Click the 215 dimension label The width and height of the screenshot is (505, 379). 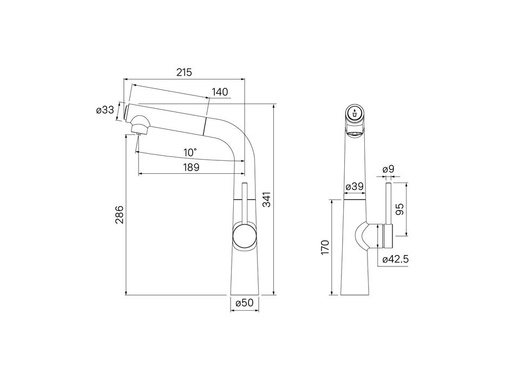[x=184, y=72]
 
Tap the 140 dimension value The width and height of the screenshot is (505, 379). [x=220, y=92]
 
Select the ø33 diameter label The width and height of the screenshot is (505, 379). [x=105, y=110]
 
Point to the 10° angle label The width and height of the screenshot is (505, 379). [x=190, y=152]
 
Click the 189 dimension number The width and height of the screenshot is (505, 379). [x=191, y=167]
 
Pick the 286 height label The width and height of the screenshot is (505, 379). [x=119, y=214]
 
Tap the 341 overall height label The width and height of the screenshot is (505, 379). [x=267, y=199]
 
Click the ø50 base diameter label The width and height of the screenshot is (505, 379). [x=245, y=303]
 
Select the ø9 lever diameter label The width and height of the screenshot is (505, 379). [x=388, y=169]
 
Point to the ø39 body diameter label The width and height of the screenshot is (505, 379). [x=355, y=187]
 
